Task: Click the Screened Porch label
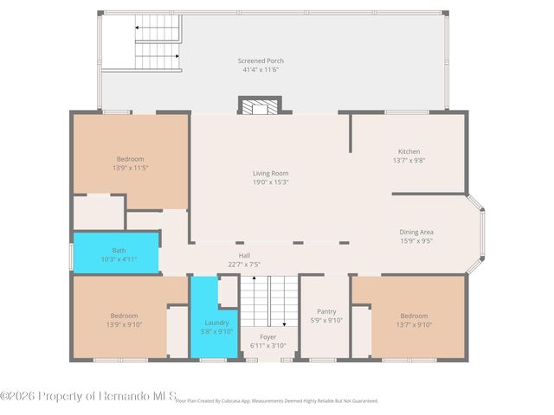[x=261, y=61]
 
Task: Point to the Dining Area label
[x=415, y=232]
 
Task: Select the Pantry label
[x=326, y=311]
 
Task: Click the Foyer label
[x=267, y=337]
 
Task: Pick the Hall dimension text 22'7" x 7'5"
[x=244, y=264]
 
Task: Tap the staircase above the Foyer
[x=267, y=301]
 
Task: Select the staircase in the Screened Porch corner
[x=156, y=45]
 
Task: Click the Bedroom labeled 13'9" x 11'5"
[x=130, y=163]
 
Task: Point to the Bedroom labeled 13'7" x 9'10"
[x=414, y=320]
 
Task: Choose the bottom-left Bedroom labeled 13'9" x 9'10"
[x=123, y=320]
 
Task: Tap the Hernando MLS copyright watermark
[x=88, y=396]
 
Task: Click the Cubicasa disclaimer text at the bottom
[x=277, y=401]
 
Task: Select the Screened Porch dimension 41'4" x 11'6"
[x=261, y=69]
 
